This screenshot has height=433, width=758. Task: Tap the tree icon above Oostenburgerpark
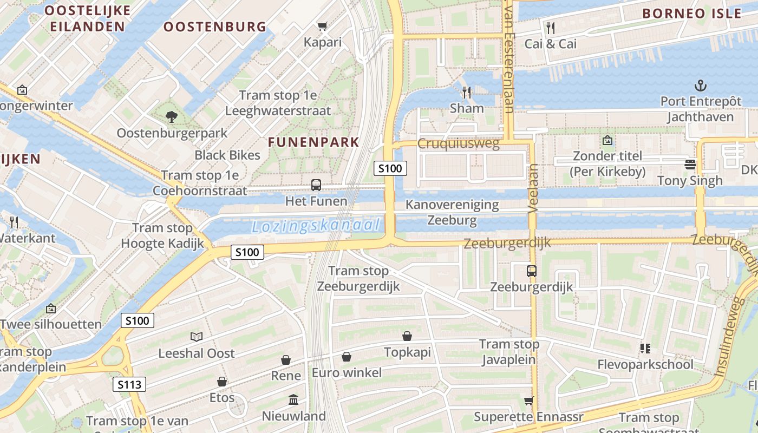click(x=172, y=116)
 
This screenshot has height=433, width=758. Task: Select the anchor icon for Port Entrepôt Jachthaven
click(x=701, y=86)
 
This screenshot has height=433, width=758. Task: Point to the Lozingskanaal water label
click(x=316, y=226)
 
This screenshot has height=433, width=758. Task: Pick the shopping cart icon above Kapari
click(x=323, y=26)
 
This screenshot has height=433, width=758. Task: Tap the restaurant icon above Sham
click(x=466, y=93)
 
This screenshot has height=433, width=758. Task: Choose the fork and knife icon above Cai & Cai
click(x=551, y=28)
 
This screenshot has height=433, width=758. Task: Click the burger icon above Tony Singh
click(x=690, y=164)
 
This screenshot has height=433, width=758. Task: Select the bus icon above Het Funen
click(x=316, y=185)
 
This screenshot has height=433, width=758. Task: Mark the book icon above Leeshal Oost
click(x=197, y=337)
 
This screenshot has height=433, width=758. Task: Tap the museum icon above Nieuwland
click(x=293, y=400)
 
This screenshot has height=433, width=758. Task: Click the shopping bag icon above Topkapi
click(x=407, y=336)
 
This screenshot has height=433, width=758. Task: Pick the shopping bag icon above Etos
click(x=222, y=382)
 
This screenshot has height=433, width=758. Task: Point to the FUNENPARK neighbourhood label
click(x=313, y=142)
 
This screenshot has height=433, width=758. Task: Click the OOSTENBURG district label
click(x=215, y=27)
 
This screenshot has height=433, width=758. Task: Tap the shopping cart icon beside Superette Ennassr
click(x=528, y=401)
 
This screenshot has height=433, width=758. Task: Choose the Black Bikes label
click(x=227, y=155)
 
